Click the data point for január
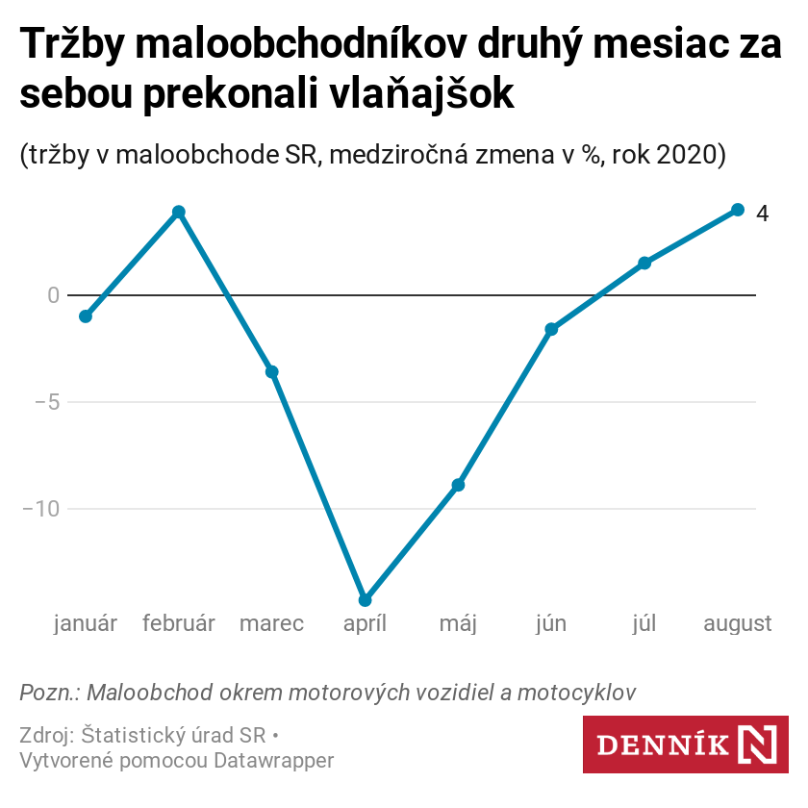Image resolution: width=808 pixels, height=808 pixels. coord(86,316)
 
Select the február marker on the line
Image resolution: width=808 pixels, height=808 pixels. coord(179,212)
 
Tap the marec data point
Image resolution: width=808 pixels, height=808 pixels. coord(272,372)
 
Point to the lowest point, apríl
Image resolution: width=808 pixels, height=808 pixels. coord(365,600)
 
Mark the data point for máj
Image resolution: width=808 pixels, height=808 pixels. coord(459,485)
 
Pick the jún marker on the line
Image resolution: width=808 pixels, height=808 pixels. coord(551,329)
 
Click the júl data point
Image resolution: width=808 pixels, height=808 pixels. coord(644,263)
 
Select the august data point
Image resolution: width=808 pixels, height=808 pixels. coord(738,210)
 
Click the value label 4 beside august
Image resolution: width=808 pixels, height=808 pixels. coord(762,214)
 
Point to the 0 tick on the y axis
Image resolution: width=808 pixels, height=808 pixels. coord(53,295)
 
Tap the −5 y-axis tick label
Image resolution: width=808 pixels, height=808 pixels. coord(46,402)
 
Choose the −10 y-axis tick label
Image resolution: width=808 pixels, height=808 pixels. coord(40,509)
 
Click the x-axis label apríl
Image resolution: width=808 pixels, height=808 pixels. coord(365,624)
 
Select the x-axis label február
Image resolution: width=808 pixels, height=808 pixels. coord(179,624)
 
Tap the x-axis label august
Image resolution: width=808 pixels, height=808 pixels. coord(738,624)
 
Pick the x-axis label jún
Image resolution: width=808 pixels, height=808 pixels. coord(551,624)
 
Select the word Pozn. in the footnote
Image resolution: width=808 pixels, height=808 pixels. coord(48,693)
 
